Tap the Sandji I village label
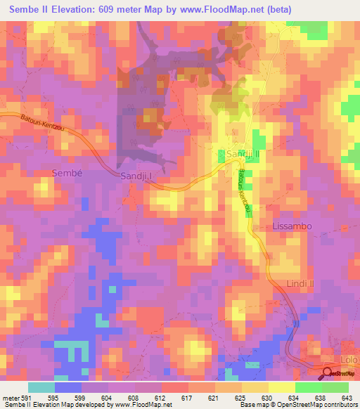pos(136,176)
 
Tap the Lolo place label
pos(349,359)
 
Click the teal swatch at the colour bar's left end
pos(41,387)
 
